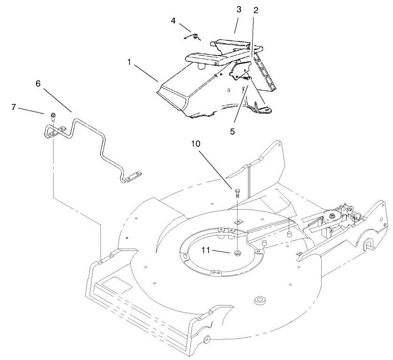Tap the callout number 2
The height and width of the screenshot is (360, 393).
point(256,10)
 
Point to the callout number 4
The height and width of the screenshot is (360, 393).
point(173,21)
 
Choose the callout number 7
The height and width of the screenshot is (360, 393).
point(14,107)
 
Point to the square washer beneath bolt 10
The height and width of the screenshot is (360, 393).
point(238,220)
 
